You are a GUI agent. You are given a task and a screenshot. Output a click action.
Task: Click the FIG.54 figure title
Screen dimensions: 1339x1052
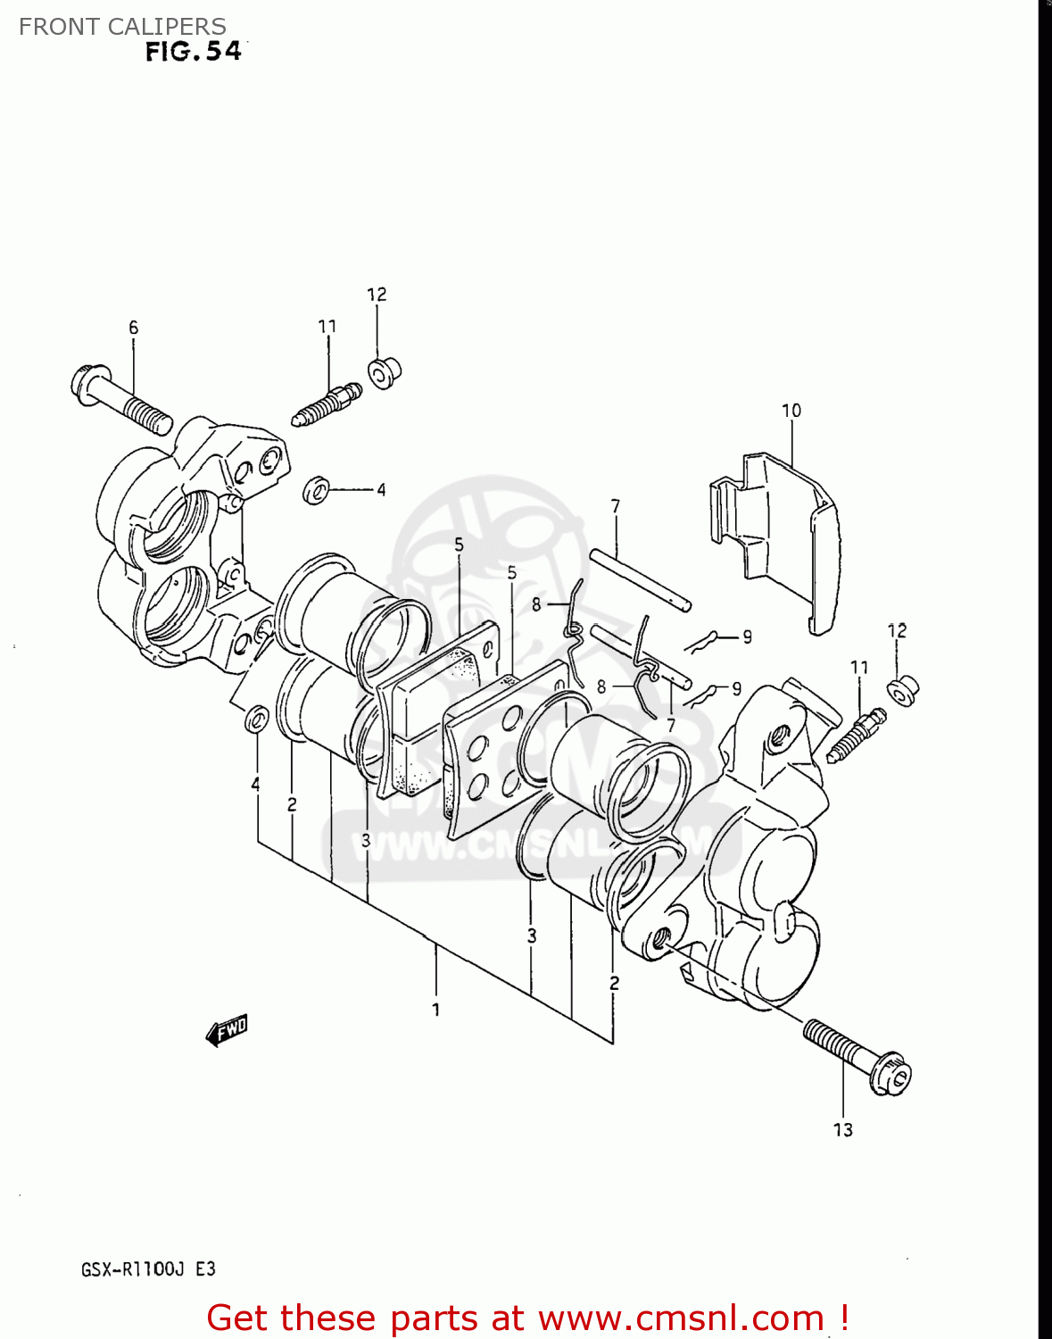[x=194, y=52]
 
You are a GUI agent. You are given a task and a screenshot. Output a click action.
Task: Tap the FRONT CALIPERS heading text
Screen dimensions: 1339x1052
[x=122, y=27]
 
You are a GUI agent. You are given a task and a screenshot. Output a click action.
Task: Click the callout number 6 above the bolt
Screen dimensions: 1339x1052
[x=133, y=328]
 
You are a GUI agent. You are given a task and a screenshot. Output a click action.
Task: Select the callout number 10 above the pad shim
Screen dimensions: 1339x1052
[x=791, y=411]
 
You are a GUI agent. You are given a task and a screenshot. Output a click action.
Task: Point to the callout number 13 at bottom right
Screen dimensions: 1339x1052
[x=842, y=1130]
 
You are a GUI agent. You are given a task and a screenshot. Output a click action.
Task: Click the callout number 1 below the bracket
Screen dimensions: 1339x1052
[x=435, y=1010]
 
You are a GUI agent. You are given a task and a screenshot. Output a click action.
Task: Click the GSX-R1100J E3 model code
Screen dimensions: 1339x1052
[x=148, y=1269]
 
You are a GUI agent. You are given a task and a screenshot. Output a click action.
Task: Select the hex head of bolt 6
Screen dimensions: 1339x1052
[x=90, y=384]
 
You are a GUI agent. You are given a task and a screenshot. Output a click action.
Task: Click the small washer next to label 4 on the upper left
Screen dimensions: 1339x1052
[x=316, y=490]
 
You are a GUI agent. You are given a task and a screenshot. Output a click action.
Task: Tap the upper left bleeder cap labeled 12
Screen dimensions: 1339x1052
[x=385, y=372]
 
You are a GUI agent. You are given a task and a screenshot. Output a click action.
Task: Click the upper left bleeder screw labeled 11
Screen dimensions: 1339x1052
[x=327, y=404]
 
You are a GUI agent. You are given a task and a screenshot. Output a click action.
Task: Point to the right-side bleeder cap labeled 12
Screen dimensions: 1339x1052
[x=902, y=690]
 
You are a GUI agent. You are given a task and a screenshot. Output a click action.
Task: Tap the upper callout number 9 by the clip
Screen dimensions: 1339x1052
[x=747, y=636]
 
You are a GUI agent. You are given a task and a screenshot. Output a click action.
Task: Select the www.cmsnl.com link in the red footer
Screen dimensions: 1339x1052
[x=681, y=1318]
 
